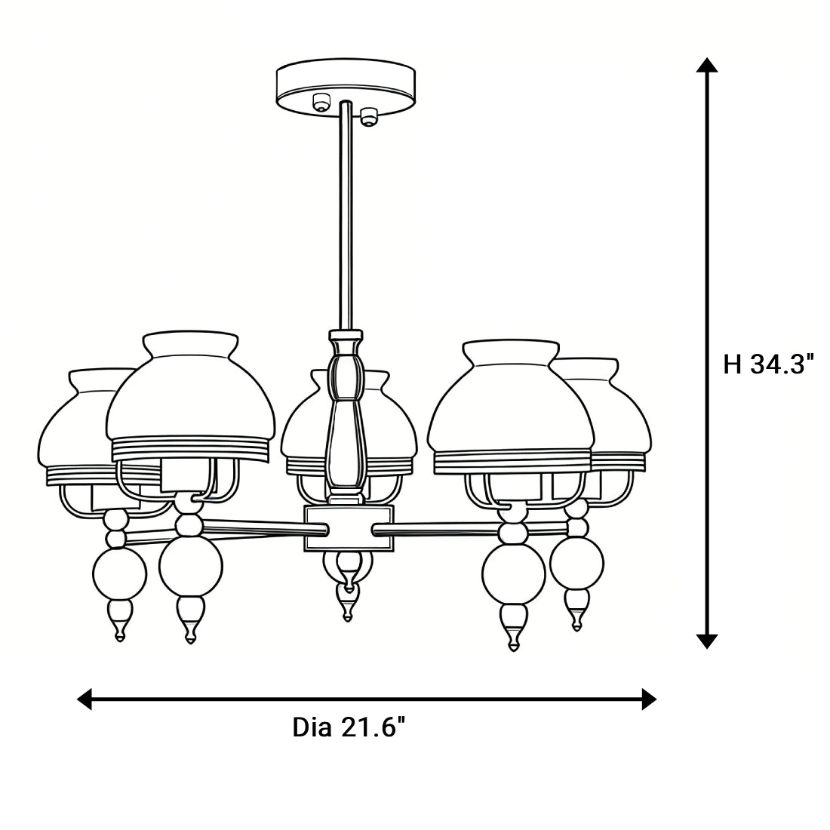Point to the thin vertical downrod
346,219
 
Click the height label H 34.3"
769,364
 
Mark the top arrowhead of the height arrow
706,65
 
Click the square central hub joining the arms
346,528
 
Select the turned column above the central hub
346,415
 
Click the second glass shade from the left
189,400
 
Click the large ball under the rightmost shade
576,563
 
